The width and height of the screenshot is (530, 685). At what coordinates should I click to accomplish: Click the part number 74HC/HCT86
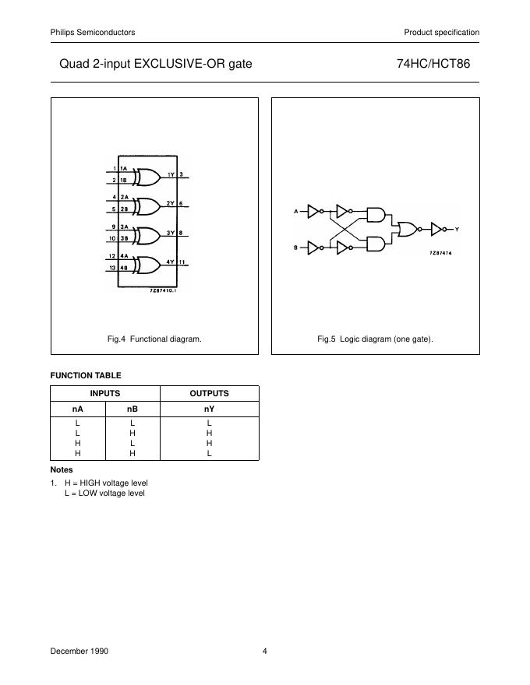click(440, 64)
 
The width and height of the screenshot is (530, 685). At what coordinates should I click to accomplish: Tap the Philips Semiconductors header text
click(93, 32)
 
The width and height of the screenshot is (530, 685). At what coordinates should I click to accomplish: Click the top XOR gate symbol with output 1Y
click(146, 178)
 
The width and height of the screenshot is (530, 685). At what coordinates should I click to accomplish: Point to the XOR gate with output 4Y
click(146, 265)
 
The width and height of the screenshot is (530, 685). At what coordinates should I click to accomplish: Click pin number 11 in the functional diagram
click(182, 262)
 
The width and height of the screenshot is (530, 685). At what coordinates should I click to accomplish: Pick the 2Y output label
click(171, 203)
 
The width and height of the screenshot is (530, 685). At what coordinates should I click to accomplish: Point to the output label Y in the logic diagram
click(457, 230)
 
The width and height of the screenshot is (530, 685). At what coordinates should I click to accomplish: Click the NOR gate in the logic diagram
click(408, 229)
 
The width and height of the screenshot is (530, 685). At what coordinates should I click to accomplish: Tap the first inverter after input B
click(314, 248)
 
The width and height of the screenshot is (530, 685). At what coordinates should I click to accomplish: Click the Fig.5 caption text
click(375, 339)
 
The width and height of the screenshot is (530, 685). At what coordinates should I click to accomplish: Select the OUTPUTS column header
click(209, 393)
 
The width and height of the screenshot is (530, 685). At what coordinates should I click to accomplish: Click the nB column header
click(132, 408)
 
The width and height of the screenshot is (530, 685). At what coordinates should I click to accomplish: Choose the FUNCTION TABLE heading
click(86, 375)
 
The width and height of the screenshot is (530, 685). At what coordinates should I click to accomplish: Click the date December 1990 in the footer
click(79, 651)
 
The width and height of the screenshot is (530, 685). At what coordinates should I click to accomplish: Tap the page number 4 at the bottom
click(265, 651)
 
